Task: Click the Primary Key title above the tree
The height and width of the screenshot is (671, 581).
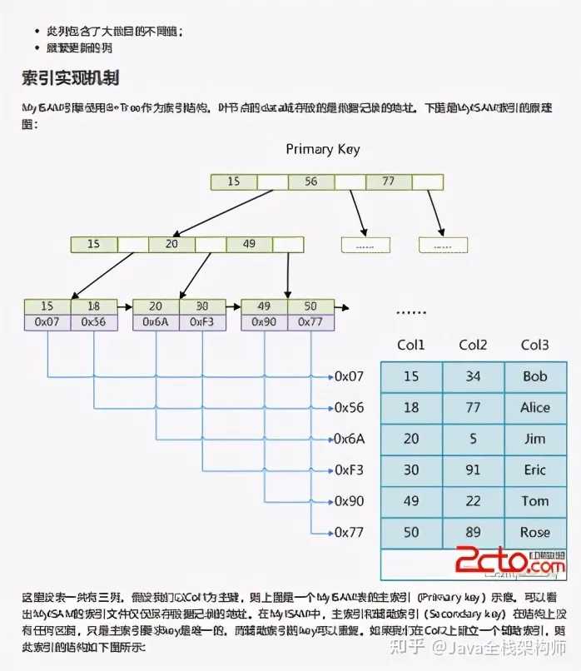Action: pos(323,149)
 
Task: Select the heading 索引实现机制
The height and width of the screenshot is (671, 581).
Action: pos(71,78)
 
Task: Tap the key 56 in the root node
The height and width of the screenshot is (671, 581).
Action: pos(310,181)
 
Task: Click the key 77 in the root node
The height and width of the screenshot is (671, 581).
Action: pos(387,181)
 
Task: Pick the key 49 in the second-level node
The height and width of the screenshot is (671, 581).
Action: pos(249,244)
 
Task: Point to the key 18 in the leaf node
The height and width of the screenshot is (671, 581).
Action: pos(94,306)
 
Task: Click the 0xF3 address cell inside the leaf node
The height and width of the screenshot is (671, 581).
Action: pos(202,321)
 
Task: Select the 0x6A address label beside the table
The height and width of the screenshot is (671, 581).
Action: pos(349,439)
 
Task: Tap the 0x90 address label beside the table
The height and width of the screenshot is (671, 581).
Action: pos(349,501)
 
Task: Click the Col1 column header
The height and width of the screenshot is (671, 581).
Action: pos(411,345)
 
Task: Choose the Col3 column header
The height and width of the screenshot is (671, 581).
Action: pos(534,345)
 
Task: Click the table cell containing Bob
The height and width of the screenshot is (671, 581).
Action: pos(535,376)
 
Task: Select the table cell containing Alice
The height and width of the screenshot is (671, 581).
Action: pos(535,407)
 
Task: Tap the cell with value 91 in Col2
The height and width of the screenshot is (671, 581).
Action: pos(473,470)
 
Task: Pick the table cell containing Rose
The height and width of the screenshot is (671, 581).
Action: pos(535,532)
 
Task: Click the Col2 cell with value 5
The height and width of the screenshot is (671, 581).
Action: pos(473,439)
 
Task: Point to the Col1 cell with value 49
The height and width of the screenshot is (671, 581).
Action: pos(411,501)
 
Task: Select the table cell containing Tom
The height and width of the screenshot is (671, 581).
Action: pos(535,501)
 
